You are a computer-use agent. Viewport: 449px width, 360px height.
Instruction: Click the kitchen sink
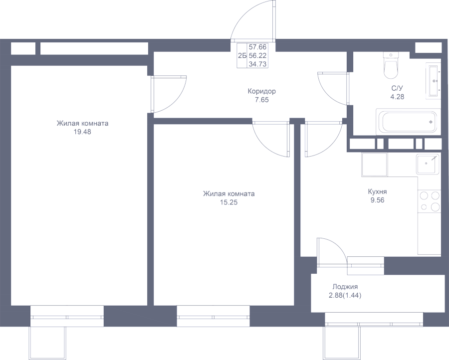[x=428, y=164]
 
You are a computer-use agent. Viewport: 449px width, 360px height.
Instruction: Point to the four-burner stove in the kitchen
[x=429, y=201]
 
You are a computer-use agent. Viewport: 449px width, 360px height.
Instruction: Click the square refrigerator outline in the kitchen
[x=375, y=164]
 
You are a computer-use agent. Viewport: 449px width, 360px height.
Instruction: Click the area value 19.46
[x=82, y=132]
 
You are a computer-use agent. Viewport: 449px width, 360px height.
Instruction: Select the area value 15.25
[x=228, y=202]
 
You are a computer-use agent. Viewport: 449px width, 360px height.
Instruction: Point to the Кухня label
[x=377, y=191]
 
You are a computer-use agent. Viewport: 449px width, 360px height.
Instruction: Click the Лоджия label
[x=345, y=287]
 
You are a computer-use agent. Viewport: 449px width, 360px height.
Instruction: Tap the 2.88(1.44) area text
[x=345, y=295]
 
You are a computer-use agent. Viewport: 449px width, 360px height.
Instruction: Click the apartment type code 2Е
[x=242, y=56]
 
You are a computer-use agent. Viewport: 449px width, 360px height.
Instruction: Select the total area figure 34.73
[x=257, y=64]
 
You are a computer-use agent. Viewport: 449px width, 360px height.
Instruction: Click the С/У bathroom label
[x=397, y=88]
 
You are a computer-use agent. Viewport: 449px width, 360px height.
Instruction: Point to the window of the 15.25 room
[x=214, y=316]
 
